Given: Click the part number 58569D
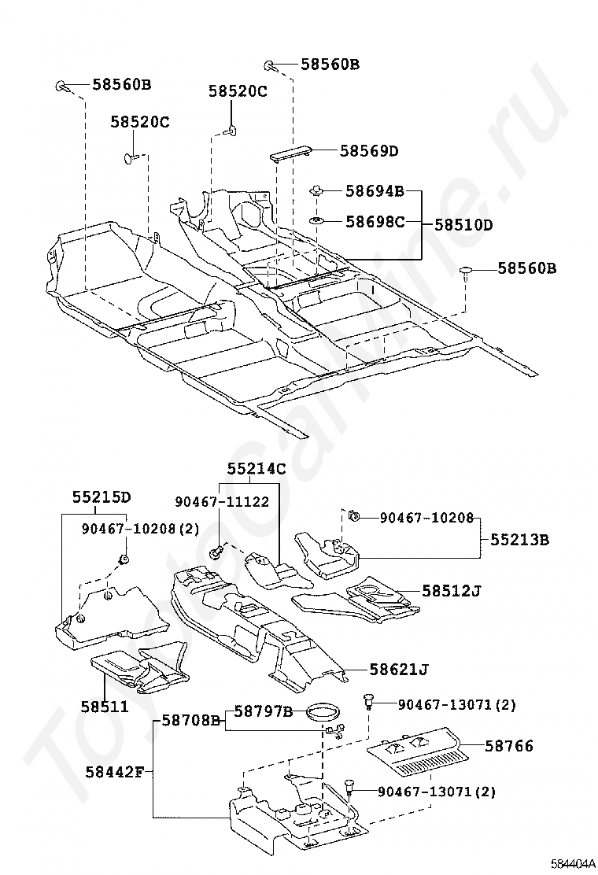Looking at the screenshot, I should coord(369,151).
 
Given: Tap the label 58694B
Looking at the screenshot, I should coord(375,190).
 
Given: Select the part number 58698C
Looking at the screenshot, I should coord(375,222).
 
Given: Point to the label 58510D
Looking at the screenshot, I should coord(463,225).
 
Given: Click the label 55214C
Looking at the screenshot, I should coord(257,470).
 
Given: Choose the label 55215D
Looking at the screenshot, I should coord(102,498).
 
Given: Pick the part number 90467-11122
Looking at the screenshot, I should coord(222,501).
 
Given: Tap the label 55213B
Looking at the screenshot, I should coord(519,541).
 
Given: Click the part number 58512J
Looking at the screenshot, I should coord(450,589).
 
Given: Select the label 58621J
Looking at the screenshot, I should coord(400,670).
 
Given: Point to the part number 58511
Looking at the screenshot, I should coord(104,707).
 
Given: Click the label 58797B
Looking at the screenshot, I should coord(263,713).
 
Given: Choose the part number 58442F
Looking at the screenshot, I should coord(114,770).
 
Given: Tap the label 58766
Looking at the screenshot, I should coord(509,746).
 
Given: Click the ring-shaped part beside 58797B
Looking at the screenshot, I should coord(323,714).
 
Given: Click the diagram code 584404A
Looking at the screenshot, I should coord(573,864).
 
